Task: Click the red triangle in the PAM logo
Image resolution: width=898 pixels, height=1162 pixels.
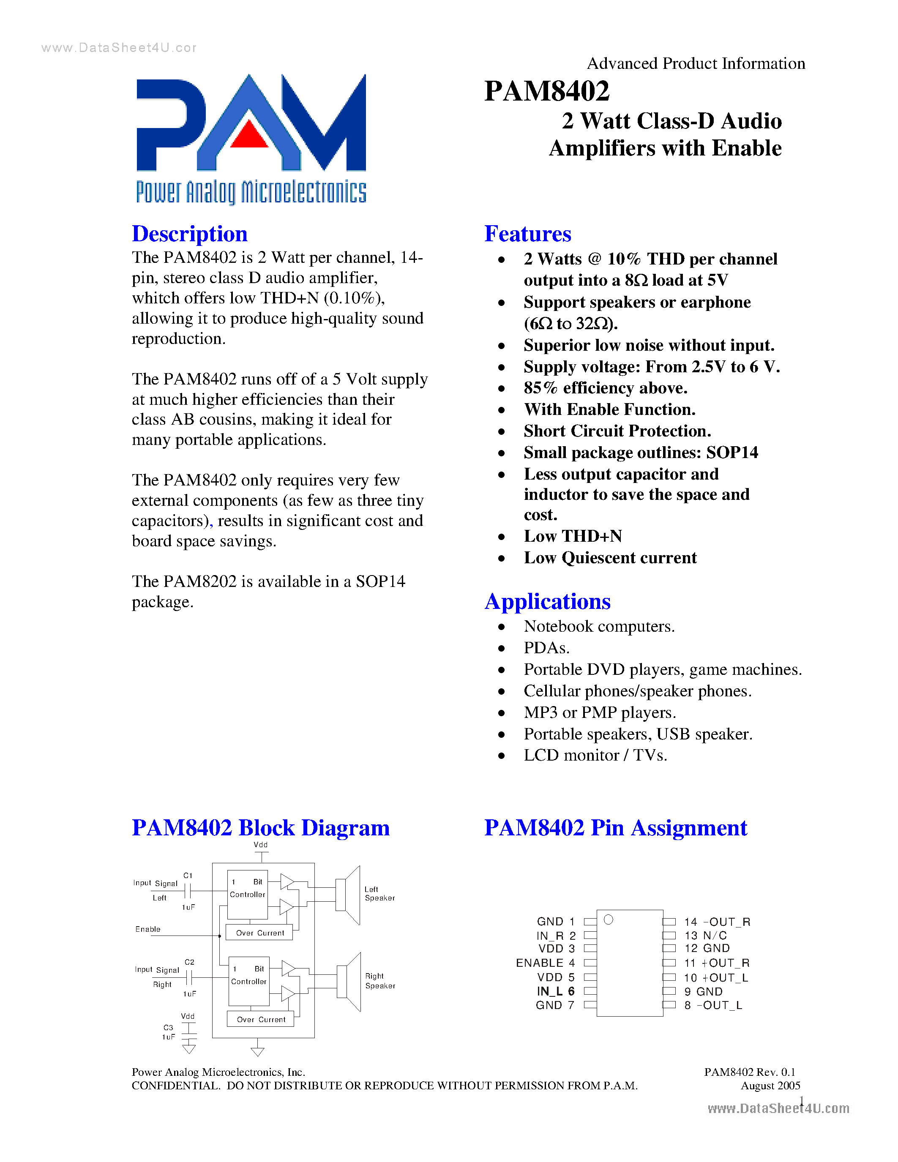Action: pyautogui.click(x=249, y=135)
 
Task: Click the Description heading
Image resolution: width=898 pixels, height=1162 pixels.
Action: pyautogui.click(x=189, y=234)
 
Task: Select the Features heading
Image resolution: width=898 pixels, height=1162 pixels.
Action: pyautogui.click(x=527, y=234)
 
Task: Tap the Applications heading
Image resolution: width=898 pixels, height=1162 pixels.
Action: pyautogui.click(x=547, y=602)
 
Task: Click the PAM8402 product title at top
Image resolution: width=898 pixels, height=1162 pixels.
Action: pyautogui.click(x=546, y=91)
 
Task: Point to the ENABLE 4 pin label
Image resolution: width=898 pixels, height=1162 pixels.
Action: pyautogui.click(x=545, y=963)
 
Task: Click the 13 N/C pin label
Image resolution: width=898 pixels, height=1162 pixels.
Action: pyautogui.click(x=705, y=936)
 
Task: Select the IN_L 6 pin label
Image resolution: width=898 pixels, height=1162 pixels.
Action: pyautogui.click(x=555, y=991)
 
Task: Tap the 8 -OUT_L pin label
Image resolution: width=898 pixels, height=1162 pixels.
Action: pyautogui.click(x=713, y=1005)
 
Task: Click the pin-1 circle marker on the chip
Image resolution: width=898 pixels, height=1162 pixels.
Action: pyautogui.click(x=609, y=920)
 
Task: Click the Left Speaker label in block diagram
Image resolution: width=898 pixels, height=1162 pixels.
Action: pyautogui.click(x=379, y=893)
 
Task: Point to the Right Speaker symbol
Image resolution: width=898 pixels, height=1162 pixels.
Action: pyautogui.click(x=349, y=982)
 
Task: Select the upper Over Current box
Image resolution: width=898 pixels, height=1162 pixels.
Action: pyautogui.click(x=259, y=933)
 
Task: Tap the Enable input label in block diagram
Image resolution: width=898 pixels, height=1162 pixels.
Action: pyautogui.click(x=148, y=929)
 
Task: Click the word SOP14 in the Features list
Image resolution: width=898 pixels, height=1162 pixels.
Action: pyautogui.click(x=732, y=453)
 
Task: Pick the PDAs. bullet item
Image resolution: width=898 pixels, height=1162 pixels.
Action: pyautogui.click(x=546, y=648)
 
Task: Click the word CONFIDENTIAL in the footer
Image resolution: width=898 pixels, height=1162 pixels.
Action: pyautogui.click(x=175, y=1086)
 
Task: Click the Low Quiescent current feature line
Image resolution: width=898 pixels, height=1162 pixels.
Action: pyautogui.click(x=610, y=558)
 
